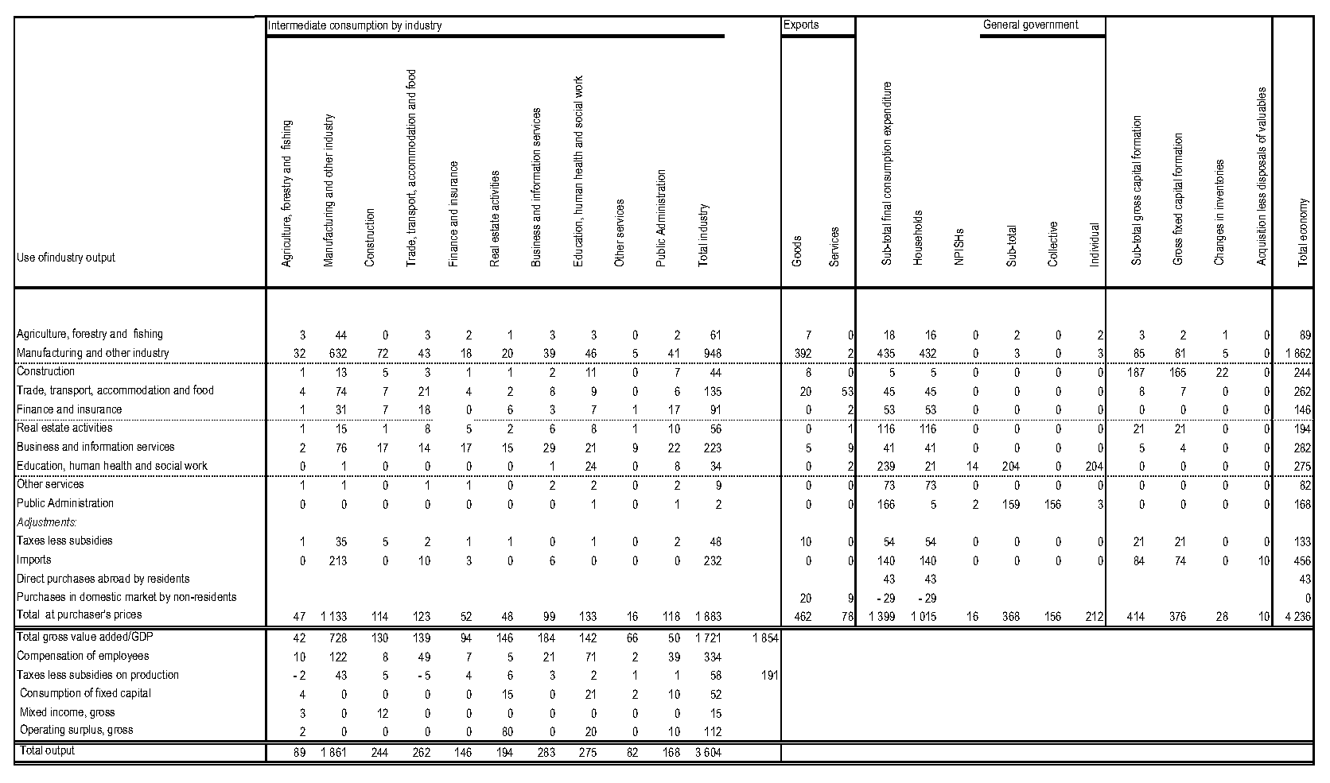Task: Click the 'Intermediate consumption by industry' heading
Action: pos(355,25)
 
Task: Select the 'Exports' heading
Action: pos(801,25)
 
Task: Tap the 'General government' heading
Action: pos(1030,25)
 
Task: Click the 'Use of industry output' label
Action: pos(65,258)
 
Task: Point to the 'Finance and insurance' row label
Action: pos(69,409)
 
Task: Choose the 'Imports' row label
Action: pos(33,560)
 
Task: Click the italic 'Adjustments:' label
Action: pos(47,522)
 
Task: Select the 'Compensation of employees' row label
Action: pos(83,657)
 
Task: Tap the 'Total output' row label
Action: pos(48,750)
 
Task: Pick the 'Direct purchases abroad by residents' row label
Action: pos(103,579)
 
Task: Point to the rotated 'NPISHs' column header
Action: pos(959,246)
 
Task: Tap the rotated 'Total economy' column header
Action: pos(1303,231)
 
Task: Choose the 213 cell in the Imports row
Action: pos(337,561)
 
